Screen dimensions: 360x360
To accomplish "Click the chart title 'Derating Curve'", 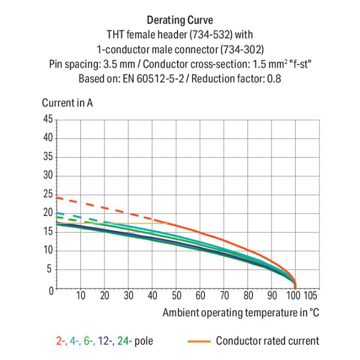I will [x=180, y=21].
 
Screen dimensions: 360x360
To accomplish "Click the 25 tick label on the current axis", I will [x=48, y=194].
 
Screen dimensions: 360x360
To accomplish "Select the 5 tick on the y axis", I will [x=50, y=269].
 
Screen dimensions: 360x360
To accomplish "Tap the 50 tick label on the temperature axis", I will [x=176, y=296].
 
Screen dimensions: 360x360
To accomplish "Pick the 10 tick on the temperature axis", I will [x=81, y=296].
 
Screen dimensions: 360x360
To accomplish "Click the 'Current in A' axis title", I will [x=68, y=103].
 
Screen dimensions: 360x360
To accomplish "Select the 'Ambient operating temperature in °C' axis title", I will [x=240, y=313].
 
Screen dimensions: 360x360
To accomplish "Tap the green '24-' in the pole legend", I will [x=125, y=341].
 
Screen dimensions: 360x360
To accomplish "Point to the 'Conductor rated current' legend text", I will [x=267, y=341].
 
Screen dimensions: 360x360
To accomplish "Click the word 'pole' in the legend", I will [x=144, y=341].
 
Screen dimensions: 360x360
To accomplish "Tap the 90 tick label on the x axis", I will [x=272, y=296].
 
